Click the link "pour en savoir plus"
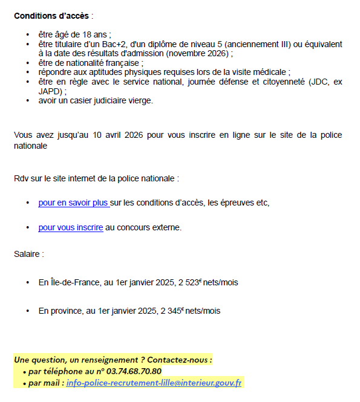(73, 203)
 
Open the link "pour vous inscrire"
(70, 228)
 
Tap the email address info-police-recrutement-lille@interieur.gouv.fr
(154, 383)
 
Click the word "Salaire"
(27, 254)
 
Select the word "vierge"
(141, 100)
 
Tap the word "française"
(122, 63)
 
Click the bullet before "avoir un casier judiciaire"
(28, 100)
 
